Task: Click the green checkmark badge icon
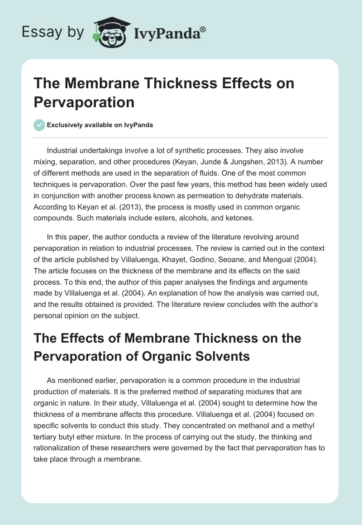(39, 125)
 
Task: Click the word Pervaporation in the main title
(84, 102)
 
